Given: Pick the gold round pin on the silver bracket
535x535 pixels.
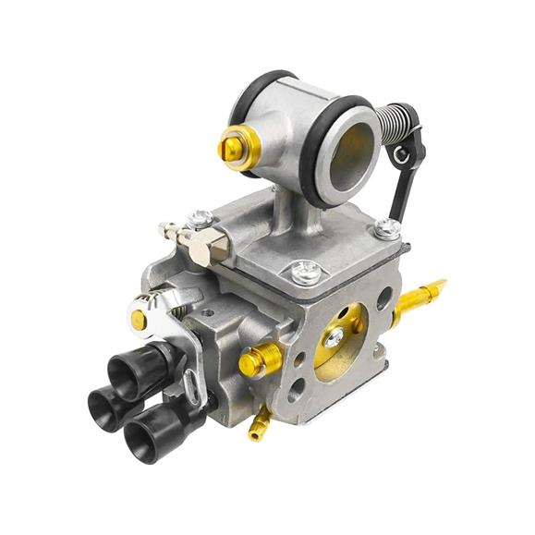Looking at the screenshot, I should [x=139, y=320].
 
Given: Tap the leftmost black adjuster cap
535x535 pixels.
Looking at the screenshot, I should [x=103, y=397].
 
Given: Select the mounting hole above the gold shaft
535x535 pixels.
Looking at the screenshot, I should [x=383, y=297].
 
